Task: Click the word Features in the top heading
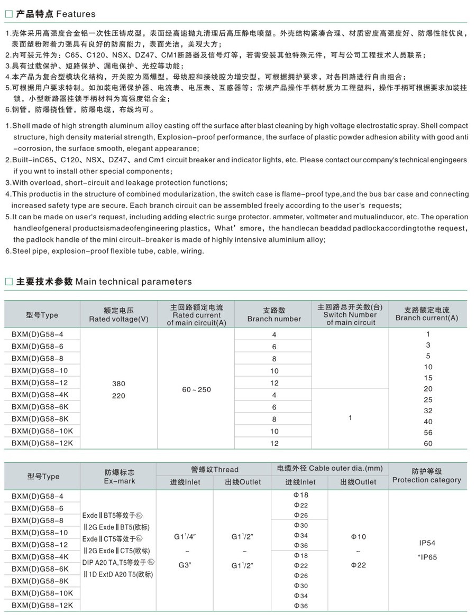(76, 14)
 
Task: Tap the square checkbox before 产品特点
(8, 14)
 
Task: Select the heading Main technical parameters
(134, 282)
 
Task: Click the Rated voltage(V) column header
(118, 315)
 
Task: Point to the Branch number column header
(274, 315)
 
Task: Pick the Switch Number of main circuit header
(350, 315)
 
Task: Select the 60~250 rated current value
(196, 389)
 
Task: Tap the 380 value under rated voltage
(118, 384)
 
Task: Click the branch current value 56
(428, 432)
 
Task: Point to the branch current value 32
(428, 411)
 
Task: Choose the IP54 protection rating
(426, 543)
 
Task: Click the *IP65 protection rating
(427, 556)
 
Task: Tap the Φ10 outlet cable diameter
(358, 537)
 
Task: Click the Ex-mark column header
(120, 477)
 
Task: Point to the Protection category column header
(426, 476)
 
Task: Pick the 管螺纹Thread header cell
(214, 469)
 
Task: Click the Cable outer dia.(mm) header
(329, 469)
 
